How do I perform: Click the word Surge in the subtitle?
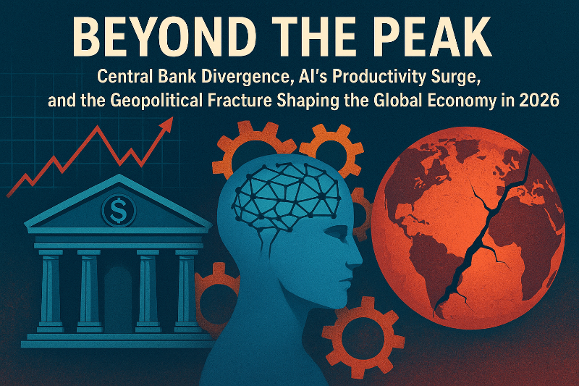click(453, 75)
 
